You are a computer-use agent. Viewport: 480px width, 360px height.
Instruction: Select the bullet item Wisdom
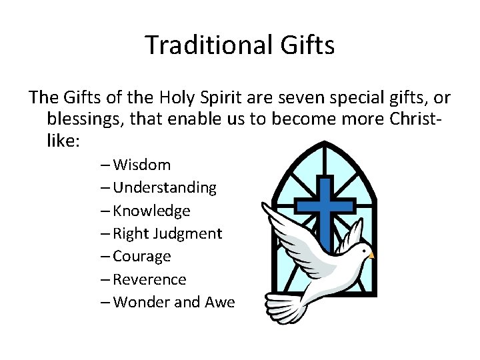pos(142,165)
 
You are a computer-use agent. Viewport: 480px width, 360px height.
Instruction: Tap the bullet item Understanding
pos(165,188)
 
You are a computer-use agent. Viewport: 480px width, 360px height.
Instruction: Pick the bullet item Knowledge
pos(151,211)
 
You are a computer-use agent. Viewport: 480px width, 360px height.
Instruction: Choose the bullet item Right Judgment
pos(167,233)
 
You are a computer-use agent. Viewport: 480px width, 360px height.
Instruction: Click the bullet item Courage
pos(142,256)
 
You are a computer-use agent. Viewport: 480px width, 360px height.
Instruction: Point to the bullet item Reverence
pos(150,279)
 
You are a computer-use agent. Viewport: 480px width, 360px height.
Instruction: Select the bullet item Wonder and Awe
pos(174,302)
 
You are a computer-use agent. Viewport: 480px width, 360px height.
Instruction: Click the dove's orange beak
pos(371,255)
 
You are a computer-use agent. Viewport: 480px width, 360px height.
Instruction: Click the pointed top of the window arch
pos(321,143)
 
